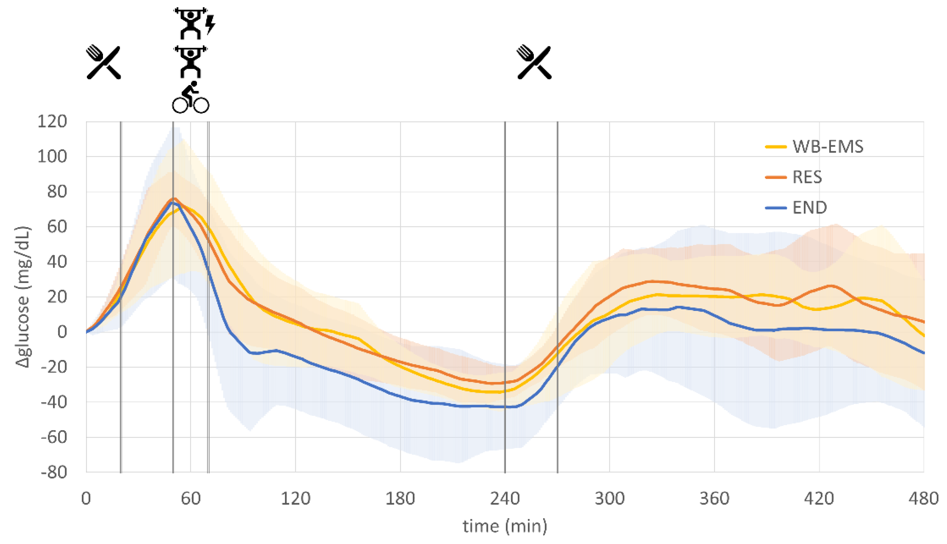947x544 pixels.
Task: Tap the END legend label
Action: coord(809,208)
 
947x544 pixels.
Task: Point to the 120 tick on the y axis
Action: coord(52,121)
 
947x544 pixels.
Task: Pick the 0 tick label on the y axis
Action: coord(62,332)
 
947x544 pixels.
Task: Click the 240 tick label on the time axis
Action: coord(505,499)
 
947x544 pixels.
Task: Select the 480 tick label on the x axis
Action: coord(923,499)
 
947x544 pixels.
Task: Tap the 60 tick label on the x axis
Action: coord(191,499)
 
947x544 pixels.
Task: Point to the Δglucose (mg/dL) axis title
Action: coord(23,297)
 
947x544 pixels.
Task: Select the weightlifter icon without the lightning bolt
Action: coord(190,62)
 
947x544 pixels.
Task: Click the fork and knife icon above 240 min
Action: coord(534,62)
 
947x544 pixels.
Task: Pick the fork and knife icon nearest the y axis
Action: coord(103,62)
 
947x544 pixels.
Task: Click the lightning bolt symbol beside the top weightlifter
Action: coord(211,24)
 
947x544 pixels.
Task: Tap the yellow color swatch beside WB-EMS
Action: coord(775,147)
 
